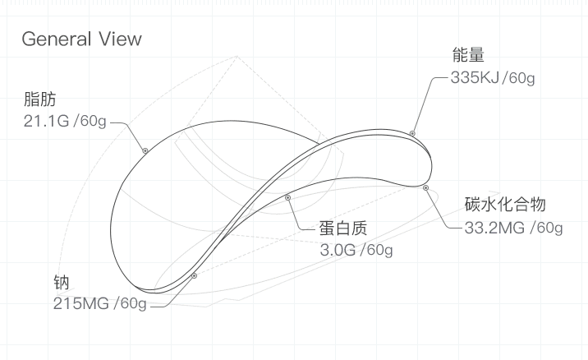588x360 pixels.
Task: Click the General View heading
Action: coord(81,39)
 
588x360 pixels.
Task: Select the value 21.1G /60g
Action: coord(66,122)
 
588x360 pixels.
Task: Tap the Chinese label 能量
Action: coord(467,56)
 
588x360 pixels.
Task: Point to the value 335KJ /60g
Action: coord(494,79)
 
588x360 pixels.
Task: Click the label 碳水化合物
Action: coord(505,205)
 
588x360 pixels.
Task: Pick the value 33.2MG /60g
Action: coord(513,227)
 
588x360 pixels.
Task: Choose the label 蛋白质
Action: coord(343,228)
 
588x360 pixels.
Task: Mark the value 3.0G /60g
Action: coord(356,249)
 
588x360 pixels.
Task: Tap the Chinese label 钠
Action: coord(62,284)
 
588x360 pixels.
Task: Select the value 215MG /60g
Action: coord(99,305)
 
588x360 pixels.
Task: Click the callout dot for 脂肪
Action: coord(145,150)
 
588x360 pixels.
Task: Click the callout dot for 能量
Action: coord(412,132)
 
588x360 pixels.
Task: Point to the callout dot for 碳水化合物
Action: coord(426,187)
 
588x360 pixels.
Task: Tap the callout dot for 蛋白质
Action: coord(287,197)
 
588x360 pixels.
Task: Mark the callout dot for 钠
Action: coord(194,276)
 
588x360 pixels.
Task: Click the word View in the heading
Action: coord(119,39)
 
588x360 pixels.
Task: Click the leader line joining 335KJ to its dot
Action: coord(422,103)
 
